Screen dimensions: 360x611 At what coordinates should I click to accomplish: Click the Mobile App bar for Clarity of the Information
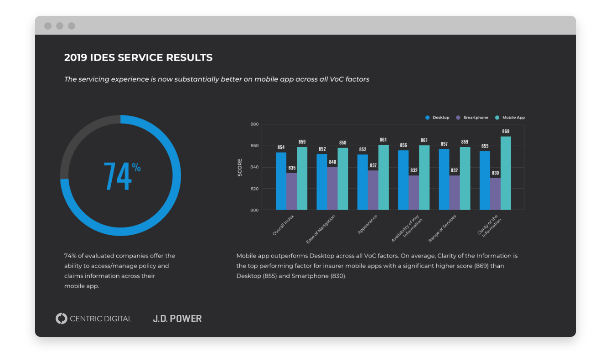506,173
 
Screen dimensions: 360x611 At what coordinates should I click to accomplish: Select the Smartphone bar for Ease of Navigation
332,189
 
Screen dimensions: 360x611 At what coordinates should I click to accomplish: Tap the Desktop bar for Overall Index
281,181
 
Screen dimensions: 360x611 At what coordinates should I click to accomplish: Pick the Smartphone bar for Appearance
373,190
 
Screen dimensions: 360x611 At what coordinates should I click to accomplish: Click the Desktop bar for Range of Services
444,180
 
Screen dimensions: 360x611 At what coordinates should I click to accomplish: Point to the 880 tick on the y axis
254,124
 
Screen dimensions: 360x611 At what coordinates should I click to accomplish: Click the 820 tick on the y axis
254,189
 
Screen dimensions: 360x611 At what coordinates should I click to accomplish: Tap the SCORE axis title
240,168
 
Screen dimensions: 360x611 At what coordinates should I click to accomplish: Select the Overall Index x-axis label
283,226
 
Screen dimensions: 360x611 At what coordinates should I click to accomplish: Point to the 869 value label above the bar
506,131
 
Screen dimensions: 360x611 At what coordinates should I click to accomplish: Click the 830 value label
495,173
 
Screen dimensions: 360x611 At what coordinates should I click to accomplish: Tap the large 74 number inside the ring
118,176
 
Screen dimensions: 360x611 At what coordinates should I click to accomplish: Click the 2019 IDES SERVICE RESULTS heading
138,58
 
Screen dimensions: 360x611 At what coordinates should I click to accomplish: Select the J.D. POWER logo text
177,319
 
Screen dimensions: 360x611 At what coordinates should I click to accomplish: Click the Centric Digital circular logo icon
61,319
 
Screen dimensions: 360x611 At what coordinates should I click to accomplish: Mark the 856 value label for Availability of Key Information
403,145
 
